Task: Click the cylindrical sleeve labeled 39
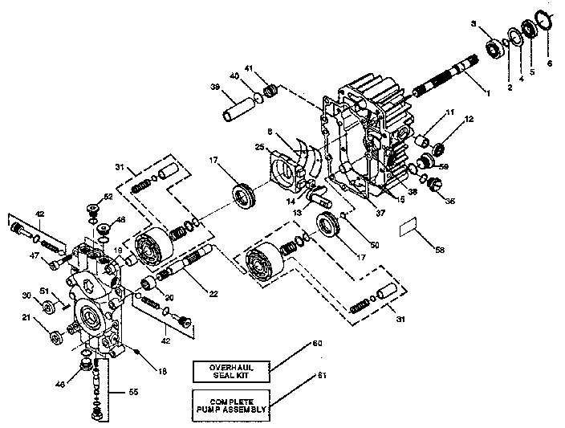[x=234, y=107]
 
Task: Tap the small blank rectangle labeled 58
[x=411, y=228]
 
